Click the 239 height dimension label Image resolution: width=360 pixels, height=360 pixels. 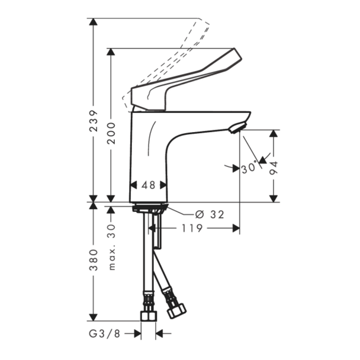(94, 121)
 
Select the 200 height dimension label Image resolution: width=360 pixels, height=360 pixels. (111, 133)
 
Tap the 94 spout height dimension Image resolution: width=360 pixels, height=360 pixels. (274, 168)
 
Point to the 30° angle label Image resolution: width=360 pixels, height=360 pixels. (249, 168)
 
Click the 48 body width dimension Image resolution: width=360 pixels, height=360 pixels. (148, 185)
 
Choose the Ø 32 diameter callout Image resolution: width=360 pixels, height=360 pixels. (210, 215)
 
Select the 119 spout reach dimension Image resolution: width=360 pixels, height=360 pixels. (192, 228)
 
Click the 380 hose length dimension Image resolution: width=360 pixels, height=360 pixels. (94, 260)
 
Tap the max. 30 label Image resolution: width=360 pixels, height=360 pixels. (111, 247)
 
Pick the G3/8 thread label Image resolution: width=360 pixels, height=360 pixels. (104, 333)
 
